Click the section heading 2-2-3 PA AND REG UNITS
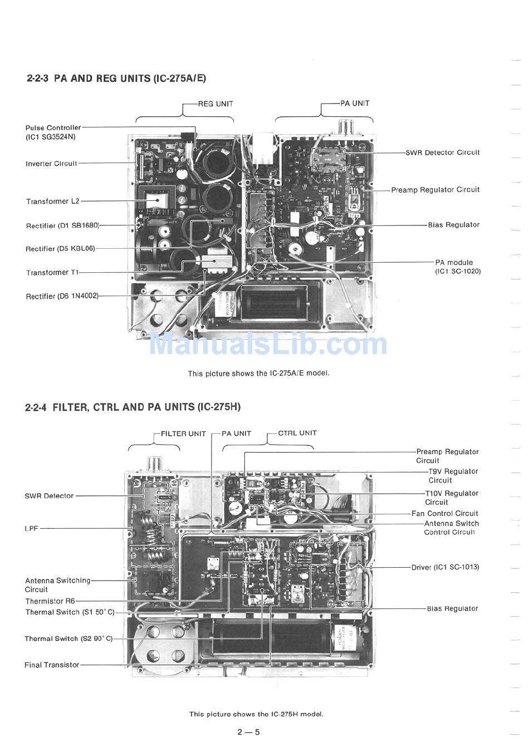(x=116, y=78)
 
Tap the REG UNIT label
(x=215, y=104)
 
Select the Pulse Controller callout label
(x=53, y=132)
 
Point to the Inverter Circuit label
(x=51, y=164)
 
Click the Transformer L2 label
(x=53, y=202)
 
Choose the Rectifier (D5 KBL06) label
(x=60, y=249)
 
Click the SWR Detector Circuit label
(x=443, y=153)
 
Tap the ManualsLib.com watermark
(x=268, y=344)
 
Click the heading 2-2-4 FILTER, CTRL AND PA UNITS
(x=133, y=407)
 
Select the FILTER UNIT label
(x=183, y=434)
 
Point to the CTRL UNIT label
(x=297, y=433)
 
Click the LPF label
(x=31, y=528)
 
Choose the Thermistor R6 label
(x=50, y=601)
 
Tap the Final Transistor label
(x=52, y=665)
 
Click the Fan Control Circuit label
(x=445, y=514)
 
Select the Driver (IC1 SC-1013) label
(x=445, y=567)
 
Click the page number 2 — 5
(x=248, y=732)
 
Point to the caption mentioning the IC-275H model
(x=256, y=714)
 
